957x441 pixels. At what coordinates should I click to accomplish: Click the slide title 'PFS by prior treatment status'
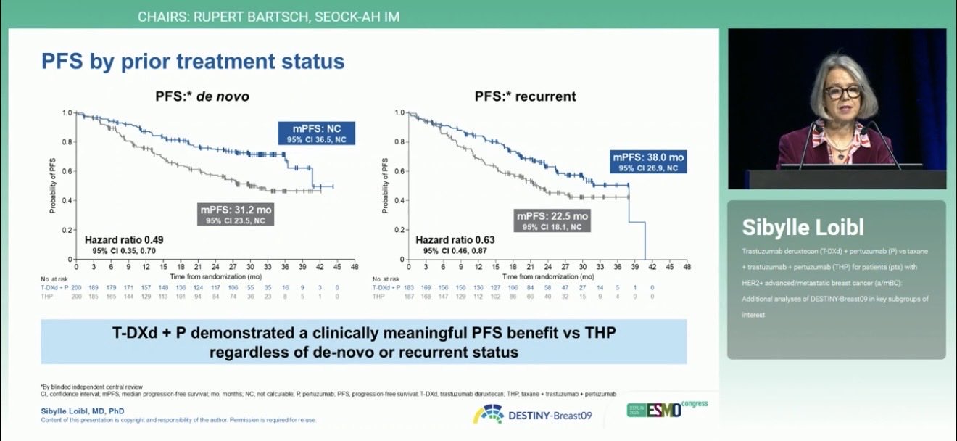pyautogui.click(x=192, y=61)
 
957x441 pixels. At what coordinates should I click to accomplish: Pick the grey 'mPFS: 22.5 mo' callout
pyautogui.click(x=552, y=220)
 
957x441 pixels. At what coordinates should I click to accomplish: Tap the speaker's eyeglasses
pyautogui.click(x=842, y=92)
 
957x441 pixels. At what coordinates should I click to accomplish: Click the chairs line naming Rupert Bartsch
pyautogui.click(x=268, y=16)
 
